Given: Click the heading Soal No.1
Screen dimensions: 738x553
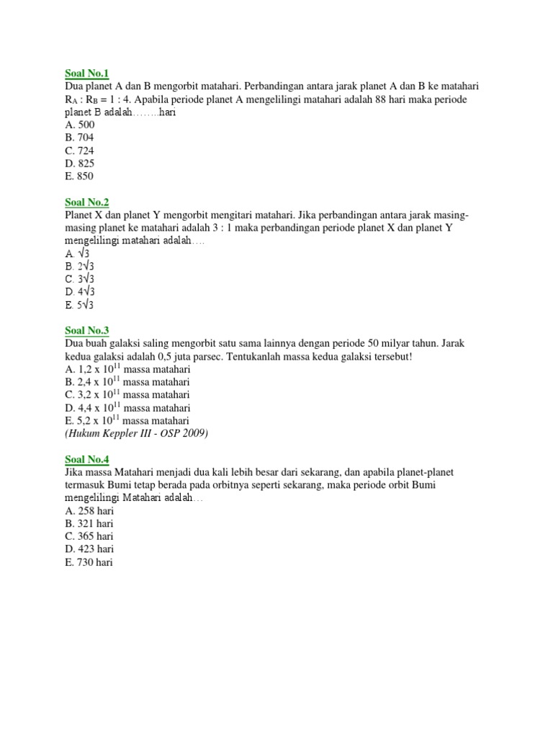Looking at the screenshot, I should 86,73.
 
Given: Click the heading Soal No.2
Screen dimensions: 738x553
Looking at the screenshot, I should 86,202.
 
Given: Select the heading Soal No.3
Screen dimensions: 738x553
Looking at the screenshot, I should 86,330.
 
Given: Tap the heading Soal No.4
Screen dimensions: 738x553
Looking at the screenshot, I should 86,459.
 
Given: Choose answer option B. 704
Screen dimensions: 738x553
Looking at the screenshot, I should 79,137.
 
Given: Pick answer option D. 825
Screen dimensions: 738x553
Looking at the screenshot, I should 79,163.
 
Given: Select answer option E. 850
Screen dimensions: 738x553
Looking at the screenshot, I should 79,176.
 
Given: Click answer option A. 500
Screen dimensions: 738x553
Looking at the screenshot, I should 79,124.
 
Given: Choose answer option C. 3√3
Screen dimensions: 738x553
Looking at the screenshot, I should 80,279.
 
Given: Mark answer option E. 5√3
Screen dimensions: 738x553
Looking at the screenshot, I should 80,305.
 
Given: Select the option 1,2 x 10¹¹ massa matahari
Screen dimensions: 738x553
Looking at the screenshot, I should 127,369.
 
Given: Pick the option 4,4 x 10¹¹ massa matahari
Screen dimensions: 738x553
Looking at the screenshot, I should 127,408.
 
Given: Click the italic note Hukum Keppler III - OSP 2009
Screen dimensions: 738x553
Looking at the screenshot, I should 137,433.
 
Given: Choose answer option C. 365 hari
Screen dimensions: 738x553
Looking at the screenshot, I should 89,536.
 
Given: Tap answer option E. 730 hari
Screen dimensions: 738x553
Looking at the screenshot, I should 89,562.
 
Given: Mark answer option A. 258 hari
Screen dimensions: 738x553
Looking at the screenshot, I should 89,510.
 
